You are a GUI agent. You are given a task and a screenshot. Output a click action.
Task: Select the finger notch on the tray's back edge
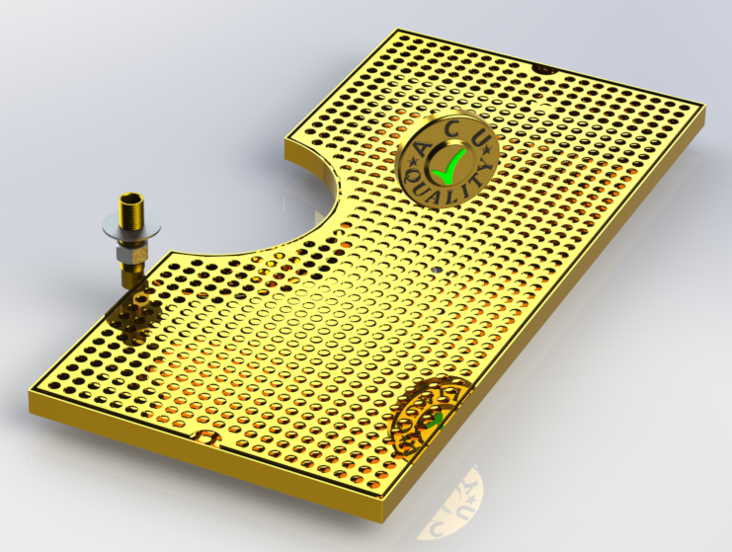tap(544, 68)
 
